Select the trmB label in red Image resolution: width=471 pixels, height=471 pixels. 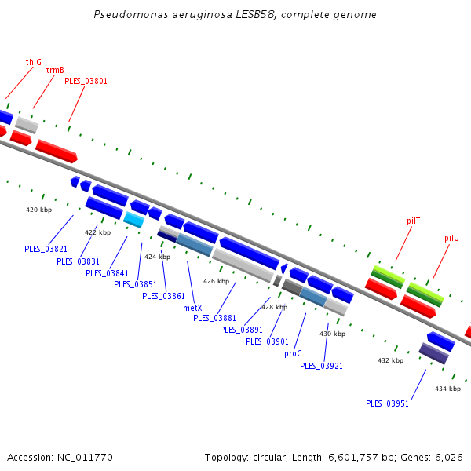click(55, 70)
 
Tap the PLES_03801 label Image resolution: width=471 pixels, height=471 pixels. click(86, 80)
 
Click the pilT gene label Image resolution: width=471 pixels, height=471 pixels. click(413, 221)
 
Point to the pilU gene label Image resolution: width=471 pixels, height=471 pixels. click(451, 238)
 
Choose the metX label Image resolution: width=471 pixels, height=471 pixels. click(192, 308)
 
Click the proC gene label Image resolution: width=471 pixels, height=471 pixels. click(293, 353)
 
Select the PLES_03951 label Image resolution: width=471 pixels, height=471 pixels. click(387, 403)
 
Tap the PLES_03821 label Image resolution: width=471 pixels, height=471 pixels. click(46, 249)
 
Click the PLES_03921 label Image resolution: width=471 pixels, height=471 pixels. click(321, 366)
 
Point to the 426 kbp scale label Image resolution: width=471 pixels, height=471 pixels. click(216, 281)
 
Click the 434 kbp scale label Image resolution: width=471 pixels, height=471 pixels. click(447, 389)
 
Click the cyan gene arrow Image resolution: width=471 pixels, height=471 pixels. click(133, 220)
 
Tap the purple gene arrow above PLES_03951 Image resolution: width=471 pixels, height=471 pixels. click(433, 353)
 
